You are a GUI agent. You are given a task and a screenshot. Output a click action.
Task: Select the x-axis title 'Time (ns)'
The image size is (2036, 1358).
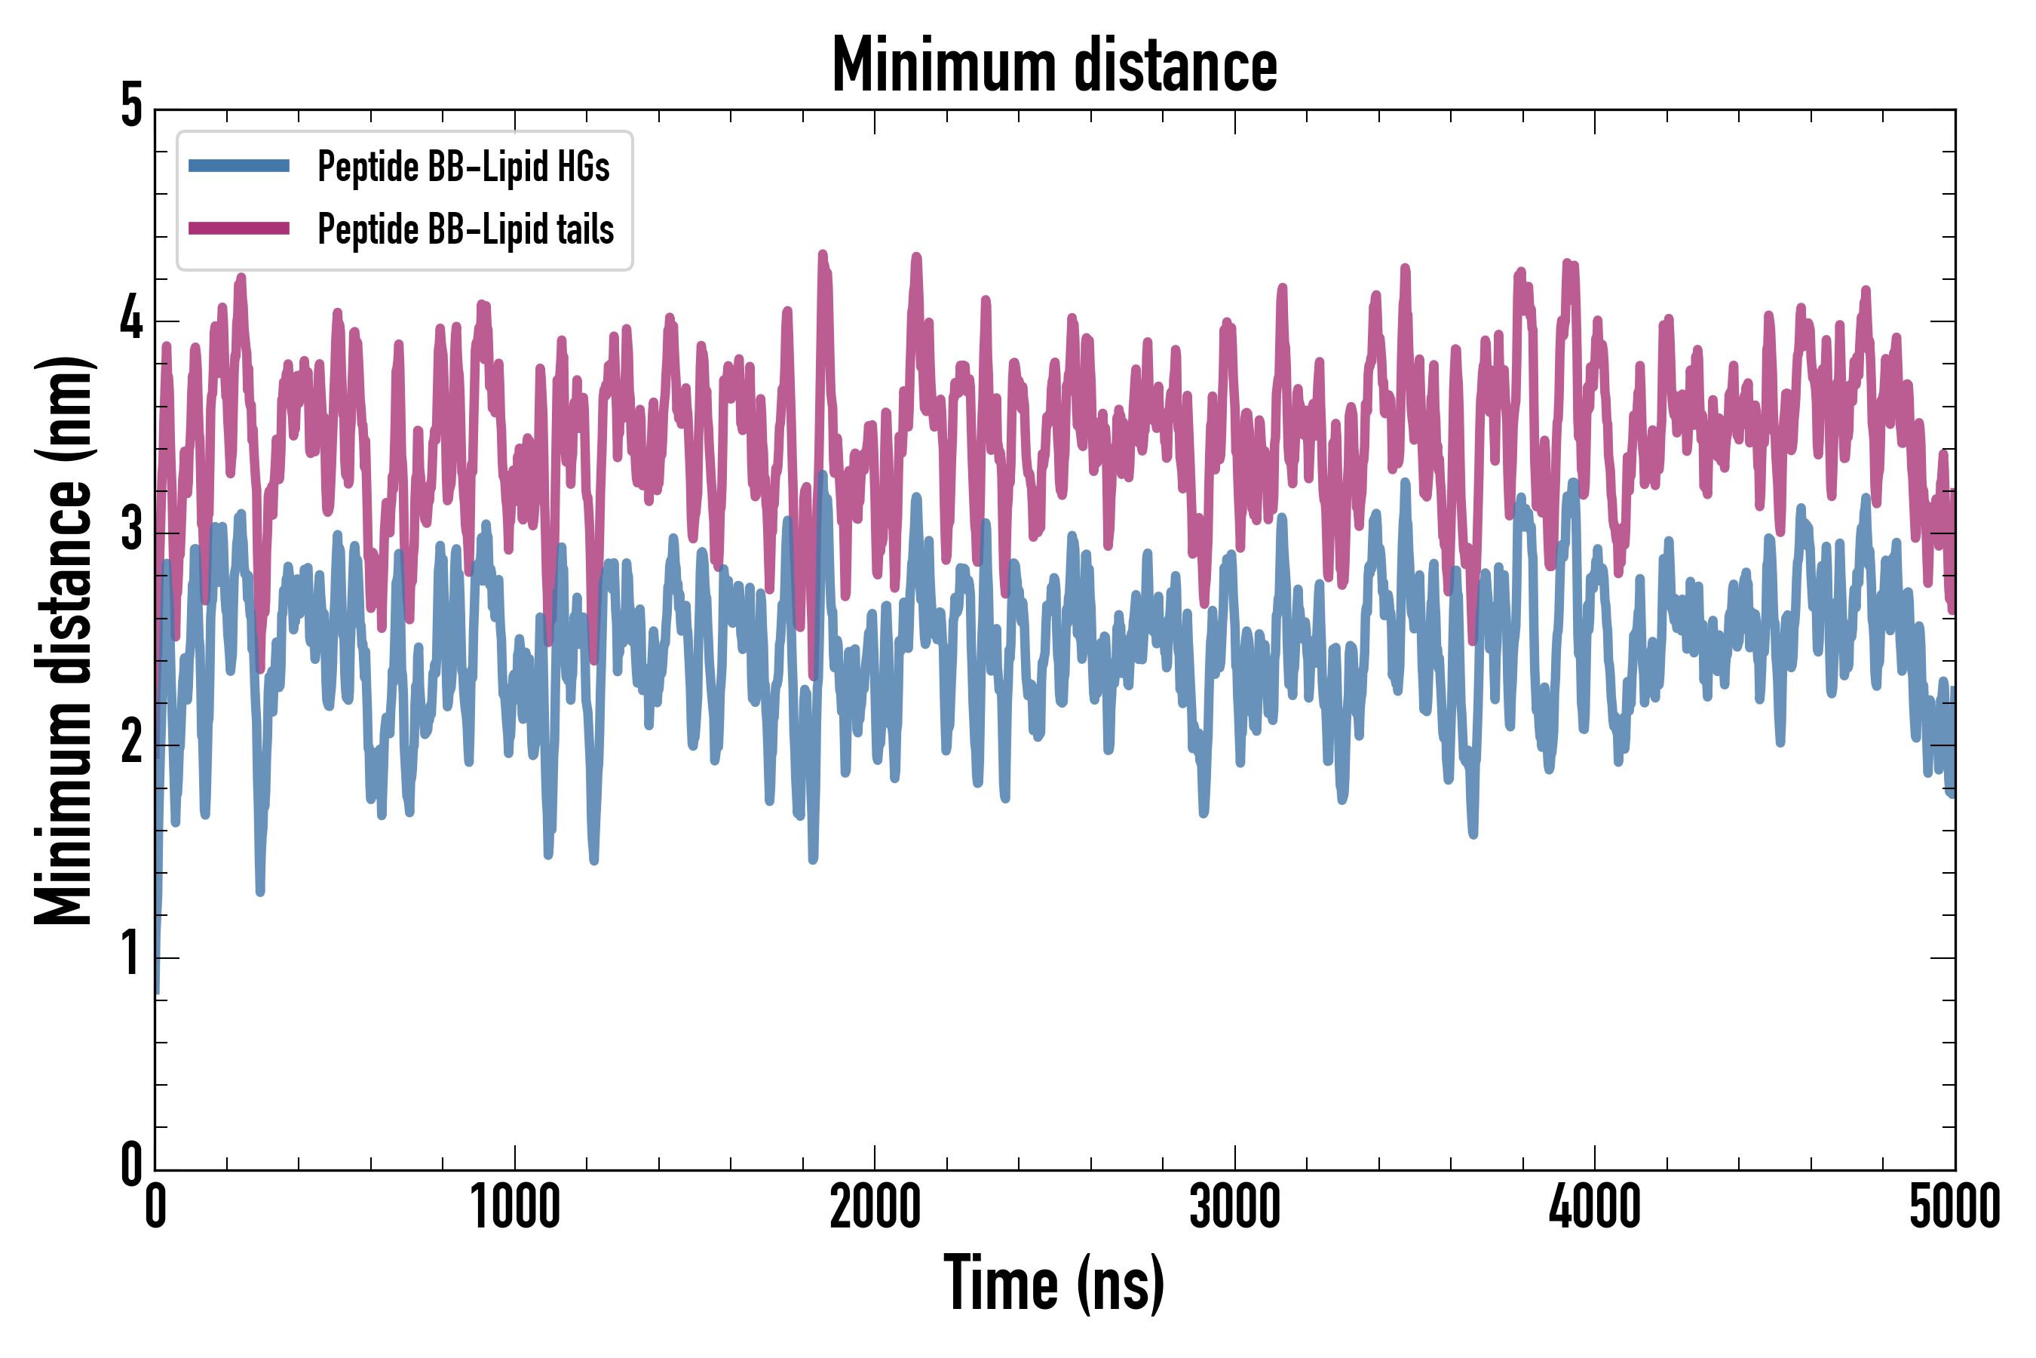(1053, 1283)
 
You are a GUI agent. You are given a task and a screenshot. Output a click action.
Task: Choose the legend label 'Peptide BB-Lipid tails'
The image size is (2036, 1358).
(466, 229)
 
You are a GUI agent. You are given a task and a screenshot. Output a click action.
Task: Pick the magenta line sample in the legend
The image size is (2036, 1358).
(239, 229)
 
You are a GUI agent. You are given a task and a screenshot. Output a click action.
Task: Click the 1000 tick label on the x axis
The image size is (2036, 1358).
(515, 1207)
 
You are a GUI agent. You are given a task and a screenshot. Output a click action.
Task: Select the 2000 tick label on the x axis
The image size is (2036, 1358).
(874, 1207)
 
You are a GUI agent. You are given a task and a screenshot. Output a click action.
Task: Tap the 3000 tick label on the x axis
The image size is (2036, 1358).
(1234, 1207)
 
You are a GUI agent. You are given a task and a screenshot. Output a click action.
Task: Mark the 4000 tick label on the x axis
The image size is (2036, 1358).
(1595, 1207)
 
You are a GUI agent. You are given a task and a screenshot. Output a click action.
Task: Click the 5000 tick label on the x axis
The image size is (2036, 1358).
(1955, 1207)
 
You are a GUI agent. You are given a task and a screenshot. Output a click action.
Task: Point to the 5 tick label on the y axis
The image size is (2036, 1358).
(131, 106)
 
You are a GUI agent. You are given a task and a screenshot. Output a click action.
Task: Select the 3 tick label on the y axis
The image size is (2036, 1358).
(131, 530)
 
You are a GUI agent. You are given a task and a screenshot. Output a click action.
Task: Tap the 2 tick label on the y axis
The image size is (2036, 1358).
(131, 742)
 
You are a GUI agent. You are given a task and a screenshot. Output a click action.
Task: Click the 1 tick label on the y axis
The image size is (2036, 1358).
(131, 954)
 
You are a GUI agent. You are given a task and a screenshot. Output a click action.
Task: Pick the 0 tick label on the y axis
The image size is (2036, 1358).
(131, 1165)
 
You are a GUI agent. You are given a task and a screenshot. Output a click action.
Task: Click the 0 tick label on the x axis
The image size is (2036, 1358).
(156, 1207)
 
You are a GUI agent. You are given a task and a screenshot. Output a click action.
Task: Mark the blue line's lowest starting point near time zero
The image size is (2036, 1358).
(157, 991)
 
